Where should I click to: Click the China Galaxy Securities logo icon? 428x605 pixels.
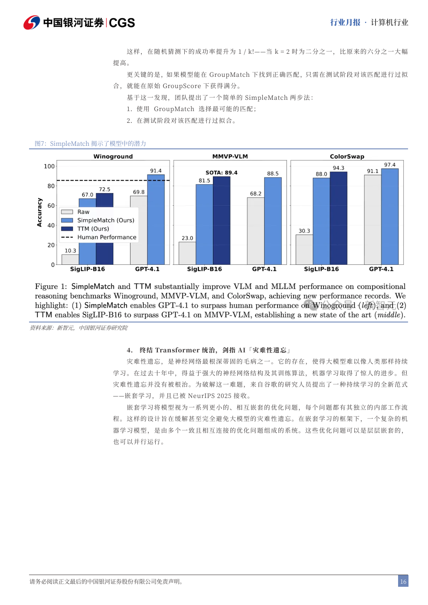tap(32, 23)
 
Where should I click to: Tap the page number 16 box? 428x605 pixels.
tap(403, 581)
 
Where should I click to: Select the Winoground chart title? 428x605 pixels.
tap(113, 156)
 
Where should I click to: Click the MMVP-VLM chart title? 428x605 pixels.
tap(230, 156)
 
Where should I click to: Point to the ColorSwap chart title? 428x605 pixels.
tap(347, 156)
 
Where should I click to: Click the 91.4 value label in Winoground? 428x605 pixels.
tap(156, 171)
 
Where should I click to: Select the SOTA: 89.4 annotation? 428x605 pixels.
tap(221, 172)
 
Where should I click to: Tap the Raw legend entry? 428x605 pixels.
tap(83, 212)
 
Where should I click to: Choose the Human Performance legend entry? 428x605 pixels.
tap(107, 237)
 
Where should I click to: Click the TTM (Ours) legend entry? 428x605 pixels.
tap(93, 229)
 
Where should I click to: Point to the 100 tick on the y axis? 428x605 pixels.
tap(49, 166)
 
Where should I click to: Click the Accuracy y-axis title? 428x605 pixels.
tap(39, 212)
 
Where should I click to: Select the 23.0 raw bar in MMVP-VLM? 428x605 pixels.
tap(187, 253)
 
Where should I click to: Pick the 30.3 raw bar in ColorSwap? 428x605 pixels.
tap(304, 250)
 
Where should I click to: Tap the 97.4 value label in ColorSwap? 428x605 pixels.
tap(389, 165)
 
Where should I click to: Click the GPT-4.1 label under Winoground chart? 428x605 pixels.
tap(147, 269)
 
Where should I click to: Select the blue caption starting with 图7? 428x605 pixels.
tap(90, 144)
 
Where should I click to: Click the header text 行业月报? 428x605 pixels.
tap(345, 23)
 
